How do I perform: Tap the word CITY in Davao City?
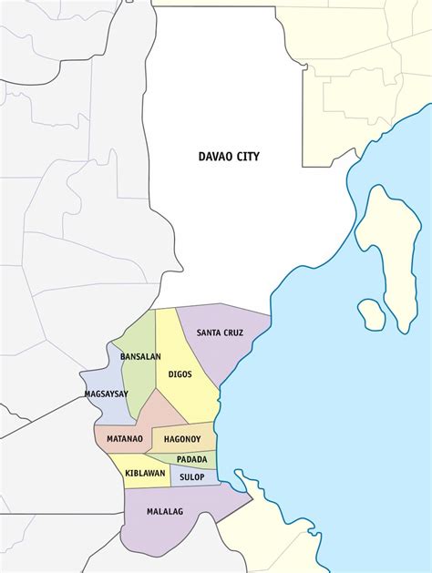pos(248,157)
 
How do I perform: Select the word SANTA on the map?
pos(211,333)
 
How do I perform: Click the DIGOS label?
pos(180,373)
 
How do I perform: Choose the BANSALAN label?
pos(140,356)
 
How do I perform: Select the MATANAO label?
pos(125,438)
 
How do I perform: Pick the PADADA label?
pos(191,459)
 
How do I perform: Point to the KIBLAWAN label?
pos(145,474)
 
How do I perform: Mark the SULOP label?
pos(191,476)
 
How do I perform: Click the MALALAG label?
pos(165,511)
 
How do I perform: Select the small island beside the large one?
pos(371,313)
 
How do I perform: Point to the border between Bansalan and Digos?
pos(155,364)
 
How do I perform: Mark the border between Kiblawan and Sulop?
pos(171,476)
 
